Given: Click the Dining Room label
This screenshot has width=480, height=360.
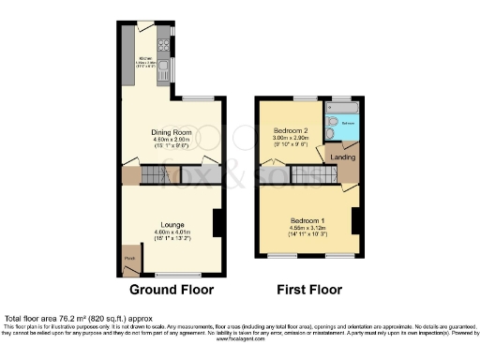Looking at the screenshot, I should pos(171,132).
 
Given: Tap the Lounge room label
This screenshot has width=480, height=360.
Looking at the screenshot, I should pos(171,225).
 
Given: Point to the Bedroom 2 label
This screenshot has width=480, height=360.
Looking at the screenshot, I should pos(291,130).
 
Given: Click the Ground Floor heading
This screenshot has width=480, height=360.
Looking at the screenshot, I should pos(171,290).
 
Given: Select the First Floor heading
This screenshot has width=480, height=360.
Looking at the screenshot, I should pos(309,290).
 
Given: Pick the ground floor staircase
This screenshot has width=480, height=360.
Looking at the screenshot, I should pos(154,175).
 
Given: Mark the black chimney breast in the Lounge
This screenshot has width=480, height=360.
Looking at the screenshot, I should pos(217,223).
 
